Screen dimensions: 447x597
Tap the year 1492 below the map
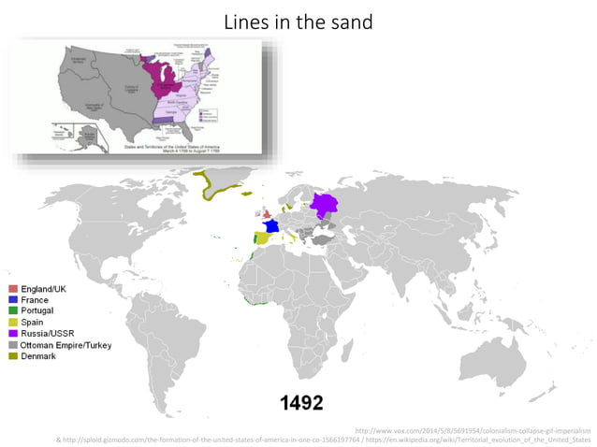coord(302,403)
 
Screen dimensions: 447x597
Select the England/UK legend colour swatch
coord(13,289)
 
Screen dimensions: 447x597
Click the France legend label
coord(36,299)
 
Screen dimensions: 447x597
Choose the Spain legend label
coord(34,322)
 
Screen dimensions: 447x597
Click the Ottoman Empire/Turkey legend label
coord(66,345)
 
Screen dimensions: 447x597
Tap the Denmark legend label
coord(38,356)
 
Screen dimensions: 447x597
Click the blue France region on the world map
coord(272,225)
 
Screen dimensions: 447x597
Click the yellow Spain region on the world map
coord(264,238)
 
